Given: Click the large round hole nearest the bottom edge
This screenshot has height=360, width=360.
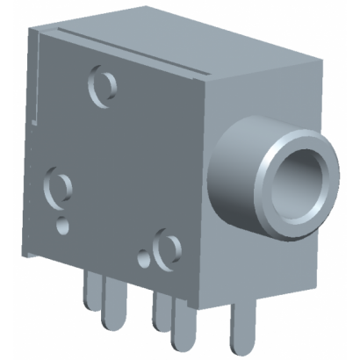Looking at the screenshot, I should click(x=163, y=250).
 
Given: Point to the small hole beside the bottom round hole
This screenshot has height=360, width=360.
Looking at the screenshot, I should click(x=144, y=260).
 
